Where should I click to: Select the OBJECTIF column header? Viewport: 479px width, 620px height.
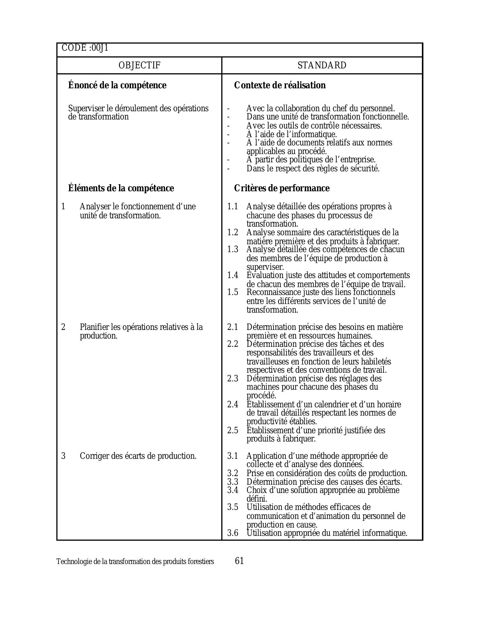(139, 65)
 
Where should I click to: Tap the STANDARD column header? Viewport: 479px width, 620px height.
(322, 65)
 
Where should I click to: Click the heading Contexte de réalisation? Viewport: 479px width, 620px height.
(280, 85)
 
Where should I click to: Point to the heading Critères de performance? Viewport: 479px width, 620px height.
(282, 188)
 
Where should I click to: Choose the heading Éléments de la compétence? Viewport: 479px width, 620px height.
(121, 188)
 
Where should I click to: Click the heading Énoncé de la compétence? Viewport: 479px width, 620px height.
(117, 85)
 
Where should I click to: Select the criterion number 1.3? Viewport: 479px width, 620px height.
(233, 250)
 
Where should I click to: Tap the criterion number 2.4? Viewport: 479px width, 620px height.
(233, 404)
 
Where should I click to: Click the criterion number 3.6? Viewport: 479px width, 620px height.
(233, 533)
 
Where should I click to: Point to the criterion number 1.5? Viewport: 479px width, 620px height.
(233, 292)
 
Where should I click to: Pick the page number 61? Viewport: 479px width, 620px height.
(239, 561)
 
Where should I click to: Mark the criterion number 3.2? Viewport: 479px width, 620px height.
(233, 473)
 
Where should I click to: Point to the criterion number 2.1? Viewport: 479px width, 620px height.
(233, 327)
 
